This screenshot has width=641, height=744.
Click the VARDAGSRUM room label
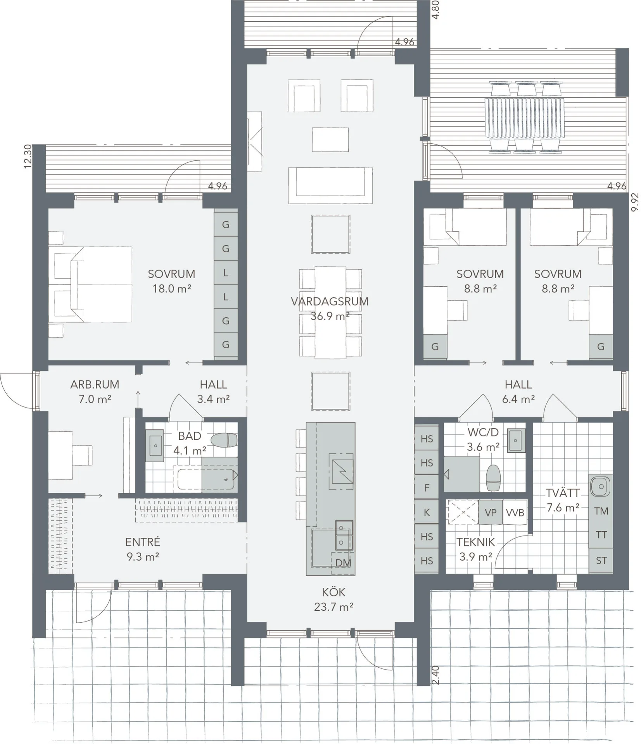pyautogui.click(x=329, y=301)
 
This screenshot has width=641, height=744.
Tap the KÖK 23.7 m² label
pyautogui.click(x=333, y=599)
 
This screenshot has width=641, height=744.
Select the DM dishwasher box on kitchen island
pyautogui.click(x=343, y=563)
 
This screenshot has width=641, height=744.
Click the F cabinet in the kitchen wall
pyautogui.click(x=427, y=487)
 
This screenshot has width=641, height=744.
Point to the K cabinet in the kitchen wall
pyautogui.click(x=427, y=512)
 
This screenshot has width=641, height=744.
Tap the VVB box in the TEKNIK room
pyautogui.click(x=515, y=512)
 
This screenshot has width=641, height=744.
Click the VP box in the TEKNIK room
pyautogui.click(x=490, y=512)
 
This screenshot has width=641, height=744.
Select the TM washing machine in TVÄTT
pyautogui.click(x=601, y=511)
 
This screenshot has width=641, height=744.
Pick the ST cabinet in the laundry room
pyautogui.click(x=601, y=560)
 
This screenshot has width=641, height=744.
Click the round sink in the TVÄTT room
pyautogui.click(x=600, y=486)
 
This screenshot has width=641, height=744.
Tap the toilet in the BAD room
pyautogui.click(x=224, y=440)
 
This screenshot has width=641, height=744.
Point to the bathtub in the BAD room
pyautogui.click(x=206, y=479)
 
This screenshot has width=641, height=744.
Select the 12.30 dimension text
pyautogui.click(x=27, y=157)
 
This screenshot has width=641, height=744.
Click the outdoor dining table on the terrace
pyautogui.click(x=524, y=118)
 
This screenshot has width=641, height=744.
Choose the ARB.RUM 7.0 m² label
pyautogui.click(x=95, y=391)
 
